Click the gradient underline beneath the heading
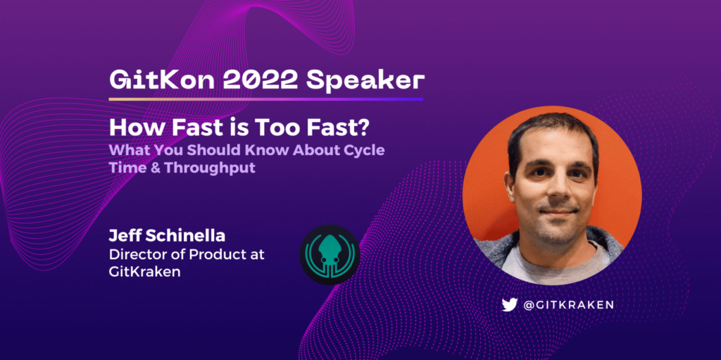point(265,99)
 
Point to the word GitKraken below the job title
point(144,272)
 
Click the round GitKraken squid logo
point(330,254)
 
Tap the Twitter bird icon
point(510,304)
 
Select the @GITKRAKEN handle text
point(568,304)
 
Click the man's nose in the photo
point(558,189)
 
